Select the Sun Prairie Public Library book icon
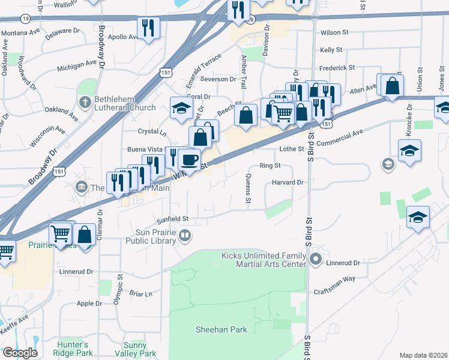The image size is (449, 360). tap(186, 236)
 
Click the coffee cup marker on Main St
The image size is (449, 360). tap(190, 160)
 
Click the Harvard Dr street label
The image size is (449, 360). tap(289, 182)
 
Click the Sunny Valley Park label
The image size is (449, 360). tap(134, 349)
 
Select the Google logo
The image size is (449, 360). tap(20, 353)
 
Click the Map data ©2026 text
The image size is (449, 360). tap(423, 355)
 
